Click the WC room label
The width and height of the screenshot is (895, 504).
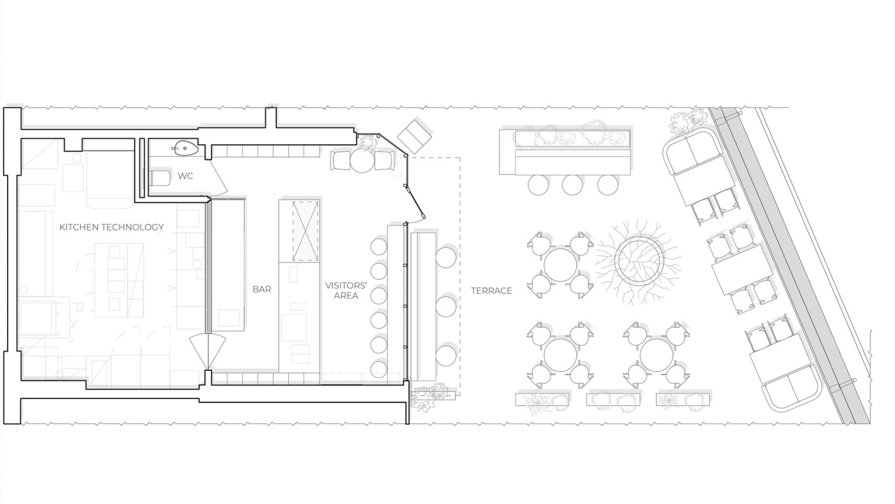pos(185,176)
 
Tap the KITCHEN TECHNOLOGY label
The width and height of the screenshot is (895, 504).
pos(112,227)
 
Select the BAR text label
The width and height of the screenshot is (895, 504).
pos(262,289)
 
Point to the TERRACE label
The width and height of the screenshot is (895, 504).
pos(492,290)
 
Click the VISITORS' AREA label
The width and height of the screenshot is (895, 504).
pos(346,290)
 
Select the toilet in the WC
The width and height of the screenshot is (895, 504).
pos(160,178)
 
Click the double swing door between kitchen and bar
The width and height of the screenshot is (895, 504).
pos(208,352)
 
